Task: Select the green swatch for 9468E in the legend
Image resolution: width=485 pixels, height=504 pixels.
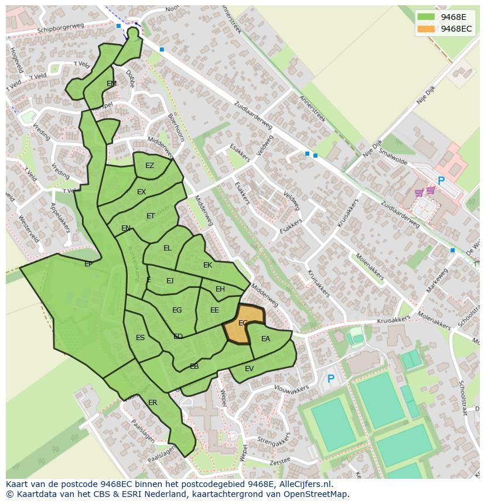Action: [x=426, y=17]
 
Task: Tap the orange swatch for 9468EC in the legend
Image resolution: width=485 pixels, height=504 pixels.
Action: [x=426, y=29]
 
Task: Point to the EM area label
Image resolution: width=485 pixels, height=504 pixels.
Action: [x=111, y=84]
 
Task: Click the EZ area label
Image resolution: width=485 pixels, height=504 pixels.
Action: [x=149, y=166]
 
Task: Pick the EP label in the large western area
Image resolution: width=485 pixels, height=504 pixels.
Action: [x=88, y=264]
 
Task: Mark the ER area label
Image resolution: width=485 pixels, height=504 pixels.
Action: [x=153, y=403]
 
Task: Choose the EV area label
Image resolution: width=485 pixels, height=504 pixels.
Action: [x=250, y=368]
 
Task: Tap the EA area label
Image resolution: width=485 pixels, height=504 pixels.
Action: [x=266, y=339]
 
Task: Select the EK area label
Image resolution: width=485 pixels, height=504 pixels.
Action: [x=207, y=265]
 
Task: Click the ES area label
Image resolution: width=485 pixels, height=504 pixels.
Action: [x=140, y=338]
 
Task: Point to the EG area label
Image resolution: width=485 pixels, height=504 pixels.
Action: [x=177, y=310]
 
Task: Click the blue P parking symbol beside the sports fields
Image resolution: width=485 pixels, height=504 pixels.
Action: [x=330, y=379]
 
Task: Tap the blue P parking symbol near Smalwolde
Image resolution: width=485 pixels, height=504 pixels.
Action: [x=441, y=181]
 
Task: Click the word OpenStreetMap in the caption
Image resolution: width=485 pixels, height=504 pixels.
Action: [x=316, y=494]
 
